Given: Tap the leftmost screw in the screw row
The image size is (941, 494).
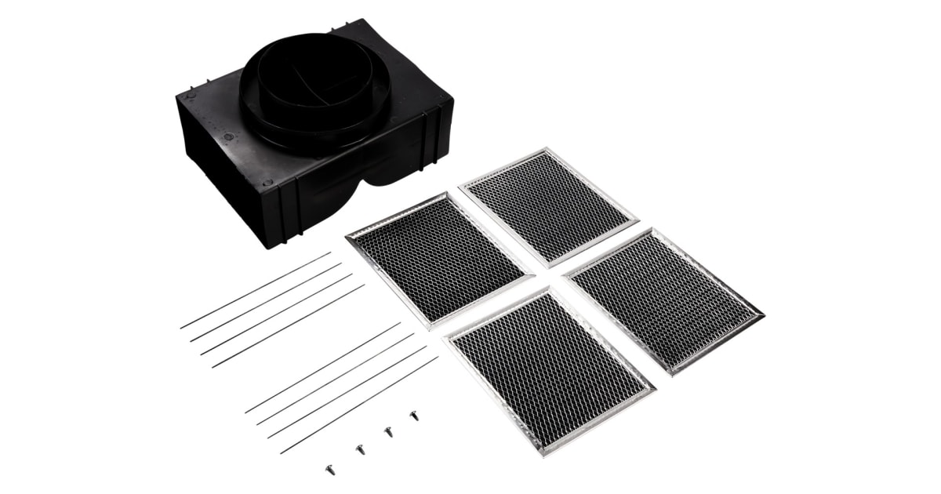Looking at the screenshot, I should (x=330, y=469).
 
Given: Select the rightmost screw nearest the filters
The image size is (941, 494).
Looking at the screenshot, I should (x=414, y=416).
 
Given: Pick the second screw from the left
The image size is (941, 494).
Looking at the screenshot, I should (x=360, y=449).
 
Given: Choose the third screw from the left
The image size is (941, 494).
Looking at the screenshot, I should (x=388, y=431).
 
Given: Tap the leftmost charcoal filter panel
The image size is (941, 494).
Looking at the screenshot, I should (x=439, y=259).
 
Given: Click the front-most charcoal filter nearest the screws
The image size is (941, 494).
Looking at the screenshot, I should (x=549, y=367).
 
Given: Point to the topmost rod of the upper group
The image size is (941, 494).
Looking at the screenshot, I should (x=255, y=290).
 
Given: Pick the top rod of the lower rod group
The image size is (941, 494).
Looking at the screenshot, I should (x=322, y=368).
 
